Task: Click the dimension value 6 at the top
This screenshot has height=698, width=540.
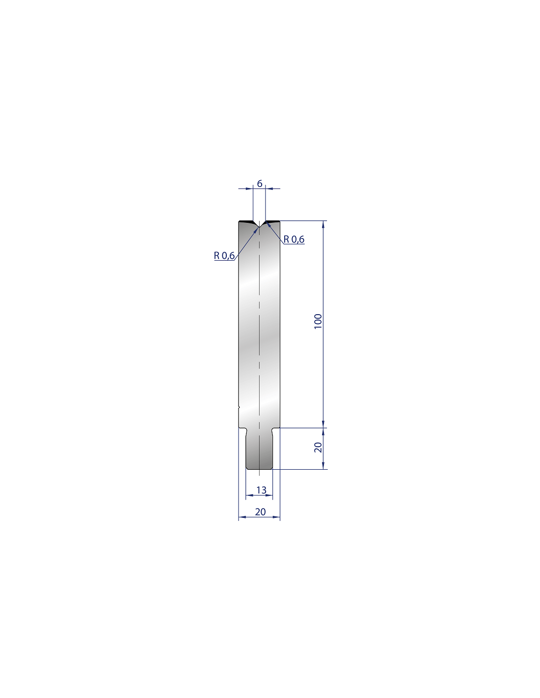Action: (x=259, y=184)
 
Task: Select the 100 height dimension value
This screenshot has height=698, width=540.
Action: (x=318, y=321)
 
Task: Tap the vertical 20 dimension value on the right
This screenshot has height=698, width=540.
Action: (x=318, y=448)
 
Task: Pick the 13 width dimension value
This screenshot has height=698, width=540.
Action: (x=261, y=490)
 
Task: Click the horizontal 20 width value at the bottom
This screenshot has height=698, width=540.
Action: (x=260, y=512)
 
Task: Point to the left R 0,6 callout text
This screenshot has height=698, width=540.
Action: (x=224, y=256)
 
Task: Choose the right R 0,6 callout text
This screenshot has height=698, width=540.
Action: (x=294, y=240)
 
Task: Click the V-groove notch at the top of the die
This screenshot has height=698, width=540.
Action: (x=259, y=224)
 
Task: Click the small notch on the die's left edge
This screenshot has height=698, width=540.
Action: (x=239, y=408)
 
